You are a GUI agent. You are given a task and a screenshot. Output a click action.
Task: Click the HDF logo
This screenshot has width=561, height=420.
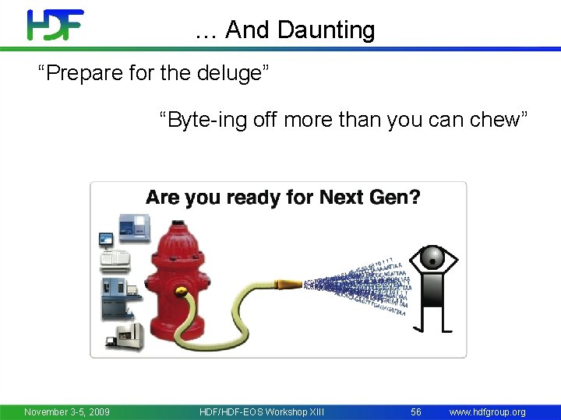(x=55, y=25)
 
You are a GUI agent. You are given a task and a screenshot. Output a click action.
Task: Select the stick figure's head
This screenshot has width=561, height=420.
(x=432, y=257)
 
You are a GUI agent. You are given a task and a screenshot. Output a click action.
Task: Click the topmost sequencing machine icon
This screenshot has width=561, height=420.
(x=128, y=227)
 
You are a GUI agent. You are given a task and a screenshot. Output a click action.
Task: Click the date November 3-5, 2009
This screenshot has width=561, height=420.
(x=67, y=411)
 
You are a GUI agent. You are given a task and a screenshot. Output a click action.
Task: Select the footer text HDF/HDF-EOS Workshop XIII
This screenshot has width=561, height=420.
(x=262, y=411)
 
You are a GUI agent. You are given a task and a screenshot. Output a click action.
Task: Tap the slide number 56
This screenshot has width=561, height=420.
(x=416, y=411)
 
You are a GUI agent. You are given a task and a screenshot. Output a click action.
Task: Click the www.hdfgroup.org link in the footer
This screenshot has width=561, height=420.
(x=488, y=411)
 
